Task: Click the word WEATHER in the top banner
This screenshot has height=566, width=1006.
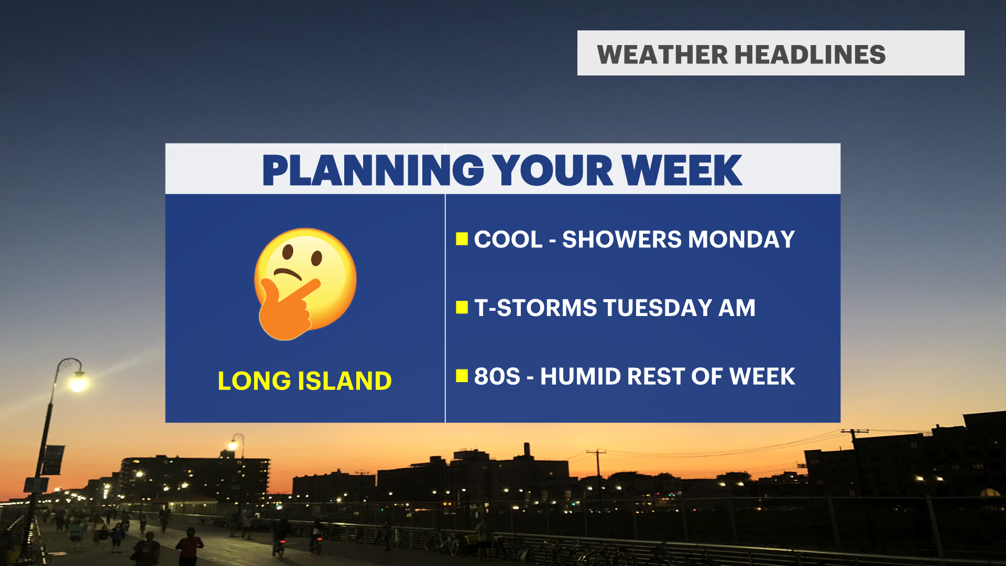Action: tap(663, 55)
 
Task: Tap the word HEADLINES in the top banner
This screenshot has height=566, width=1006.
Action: tap(810, 55)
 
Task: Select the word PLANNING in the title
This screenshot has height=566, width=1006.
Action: tap(373, 170)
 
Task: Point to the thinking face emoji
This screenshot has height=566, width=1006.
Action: tap(305, 284)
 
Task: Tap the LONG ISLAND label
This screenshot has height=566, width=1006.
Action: tap(304, 381)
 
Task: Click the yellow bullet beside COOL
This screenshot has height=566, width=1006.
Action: tap(462, 239)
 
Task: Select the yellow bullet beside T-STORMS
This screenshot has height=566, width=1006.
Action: tap(462, 307)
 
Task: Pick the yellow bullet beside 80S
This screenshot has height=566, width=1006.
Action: tap(462, 376)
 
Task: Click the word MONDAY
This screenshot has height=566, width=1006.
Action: tap(741, 240)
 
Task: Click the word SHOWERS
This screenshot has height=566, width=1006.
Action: tap(622, 240)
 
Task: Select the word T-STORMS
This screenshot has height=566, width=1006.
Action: tap(535, 308)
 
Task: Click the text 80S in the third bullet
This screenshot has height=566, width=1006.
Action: tap(497, 376)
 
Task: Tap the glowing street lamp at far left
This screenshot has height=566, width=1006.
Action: tap(78, 382)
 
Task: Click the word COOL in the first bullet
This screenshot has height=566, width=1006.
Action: tap(508, 240)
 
